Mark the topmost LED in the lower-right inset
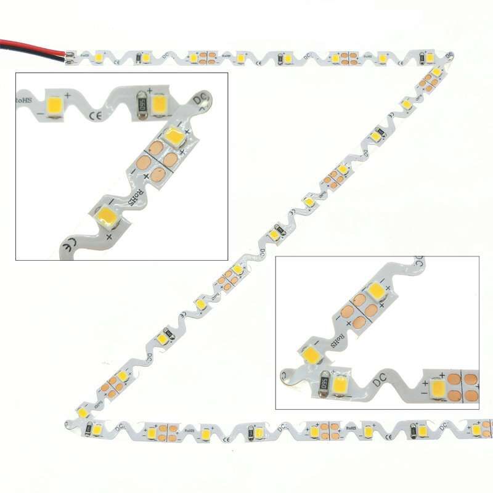pos(375,290)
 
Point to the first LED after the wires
pos(98,57)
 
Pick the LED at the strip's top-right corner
pos(436,72)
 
